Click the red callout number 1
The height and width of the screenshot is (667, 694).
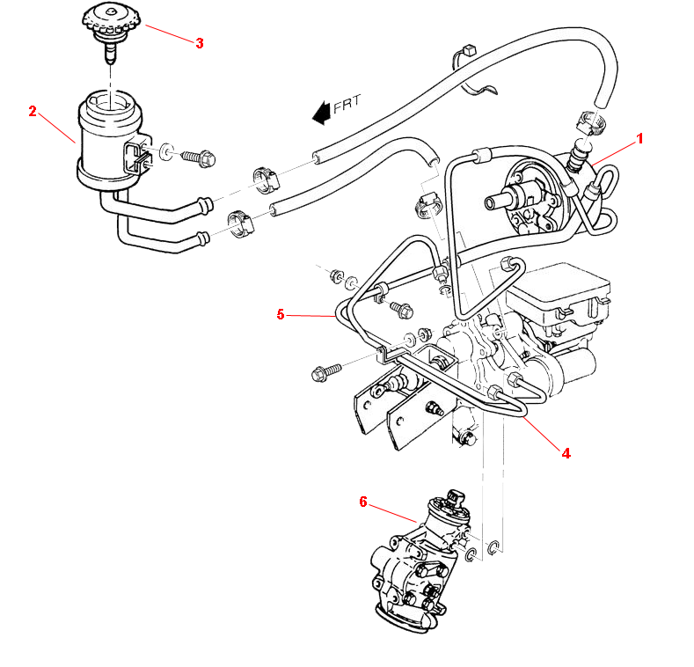point(640,138)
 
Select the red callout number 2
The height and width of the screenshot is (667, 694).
point(33,111)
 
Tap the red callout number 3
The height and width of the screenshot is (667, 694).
point(200,43)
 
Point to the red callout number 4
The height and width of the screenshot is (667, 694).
point(566,453)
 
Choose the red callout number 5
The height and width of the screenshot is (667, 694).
point(281,314)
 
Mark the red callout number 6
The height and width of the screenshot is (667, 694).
point(362,502)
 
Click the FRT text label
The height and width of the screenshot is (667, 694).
point(347,103)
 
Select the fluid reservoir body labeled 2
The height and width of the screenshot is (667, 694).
point(106,141)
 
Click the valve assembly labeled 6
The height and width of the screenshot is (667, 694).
point(413,568)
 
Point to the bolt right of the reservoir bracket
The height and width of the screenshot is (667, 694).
point(194,158)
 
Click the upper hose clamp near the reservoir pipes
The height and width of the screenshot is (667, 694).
point(264,176)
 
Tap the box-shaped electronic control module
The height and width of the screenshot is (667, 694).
point(560,299)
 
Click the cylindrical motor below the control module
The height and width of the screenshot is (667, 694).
point(563,370)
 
